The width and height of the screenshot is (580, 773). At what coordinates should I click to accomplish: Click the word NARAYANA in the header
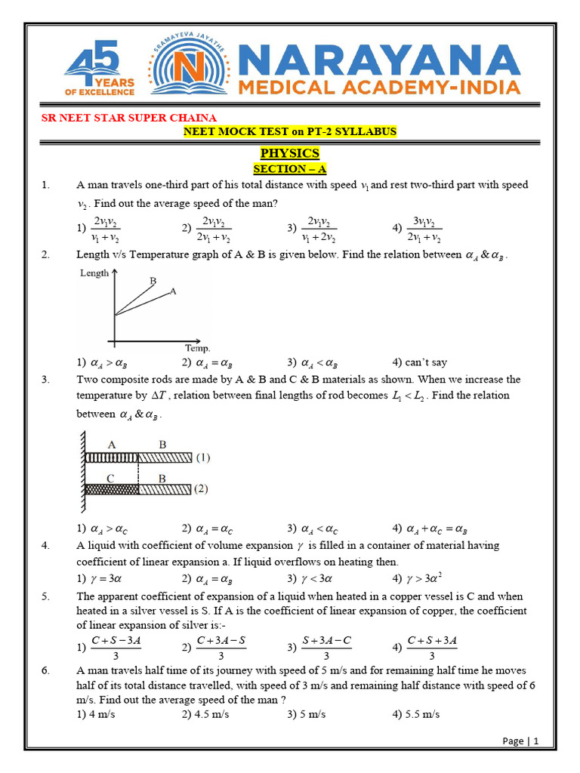point(379,58)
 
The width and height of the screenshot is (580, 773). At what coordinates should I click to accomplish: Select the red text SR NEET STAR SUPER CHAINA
point(128,118)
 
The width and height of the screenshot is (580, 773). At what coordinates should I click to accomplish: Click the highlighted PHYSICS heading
point(290,153)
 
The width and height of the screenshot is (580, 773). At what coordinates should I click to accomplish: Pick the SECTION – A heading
point(290,169)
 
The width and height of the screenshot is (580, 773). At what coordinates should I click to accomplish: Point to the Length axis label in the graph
point(94,273)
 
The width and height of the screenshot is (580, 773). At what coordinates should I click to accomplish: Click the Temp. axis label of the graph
point(198,348)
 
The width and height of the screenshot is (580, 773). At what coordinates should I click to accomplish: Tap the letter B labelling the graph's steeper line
point(153,281)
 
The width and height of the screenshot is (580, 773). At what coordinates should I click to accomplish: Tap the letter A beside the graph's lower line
point(173,291)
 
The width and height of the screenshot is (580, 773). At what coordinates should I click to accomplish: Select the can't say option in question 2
point(419,362)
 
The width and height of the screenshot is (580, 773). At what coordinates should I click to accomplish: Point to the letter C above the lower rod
point(111,477)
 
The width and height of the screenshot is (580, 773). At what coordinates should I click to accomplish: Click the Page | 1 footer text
point(520,741)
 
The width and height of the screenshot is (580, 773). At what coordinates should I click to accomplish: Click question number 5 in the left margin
point(47,595)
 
